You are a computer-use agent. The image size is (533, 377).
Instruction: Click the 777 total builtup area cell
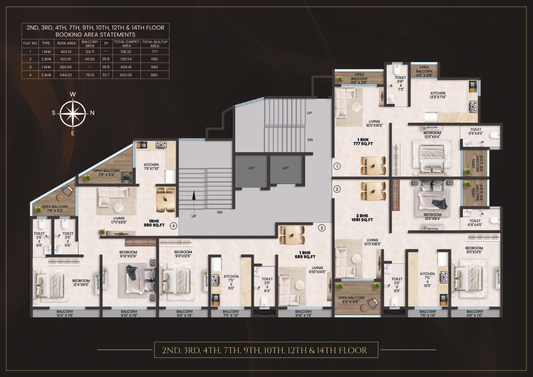[154, 52]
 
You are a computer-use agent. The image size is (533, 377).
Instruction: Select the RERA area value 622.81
[66, 59]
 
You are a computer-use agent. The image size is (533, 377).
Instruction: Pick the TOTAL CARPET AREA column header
[126, 43]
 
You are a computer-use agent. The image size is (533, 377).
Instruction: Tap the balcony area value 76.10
[90, 75]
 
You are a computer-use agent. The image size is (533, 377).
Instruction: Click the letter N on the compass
[92, 113]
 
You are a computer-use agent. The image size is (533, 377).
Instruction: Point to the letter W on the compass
[73, 94]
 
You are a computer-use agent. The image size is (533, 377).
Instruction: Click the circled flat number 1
[337, 166]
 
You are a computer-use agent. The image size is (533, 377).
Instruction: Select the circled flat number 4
[174, 226]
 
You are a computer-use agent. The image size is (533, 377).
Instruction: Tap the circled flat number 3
[322, 228]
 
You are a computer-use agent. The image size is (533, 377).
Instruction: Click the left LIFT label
[252, 168]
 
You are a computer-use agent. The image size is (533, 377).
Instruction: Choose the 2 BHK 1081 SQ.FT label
[362, 218]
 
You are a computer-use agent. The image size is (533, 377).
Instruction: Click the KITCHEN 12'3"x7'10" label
[438, 95]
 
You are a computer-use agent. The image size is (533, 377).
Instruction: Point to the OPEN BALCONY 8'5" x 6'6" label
[351, 300]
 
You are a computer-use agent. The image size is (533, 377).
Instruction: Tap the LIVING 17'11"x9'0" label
[119, 220]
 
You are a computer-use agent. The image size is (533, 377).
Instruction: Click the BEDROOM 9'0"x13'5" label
[474, 250]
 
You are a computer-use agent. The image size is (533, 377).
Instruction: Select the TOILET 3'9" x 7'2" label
[400, 84]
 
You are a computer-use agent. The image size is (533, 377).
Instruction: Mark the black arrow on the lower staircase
[193, 200]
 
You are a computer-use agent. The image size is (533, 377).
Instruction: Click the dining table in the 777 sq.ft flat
[373, 166]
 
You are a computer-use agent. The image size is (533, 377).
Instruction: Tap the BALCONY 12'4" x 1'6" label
[65, 314]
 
